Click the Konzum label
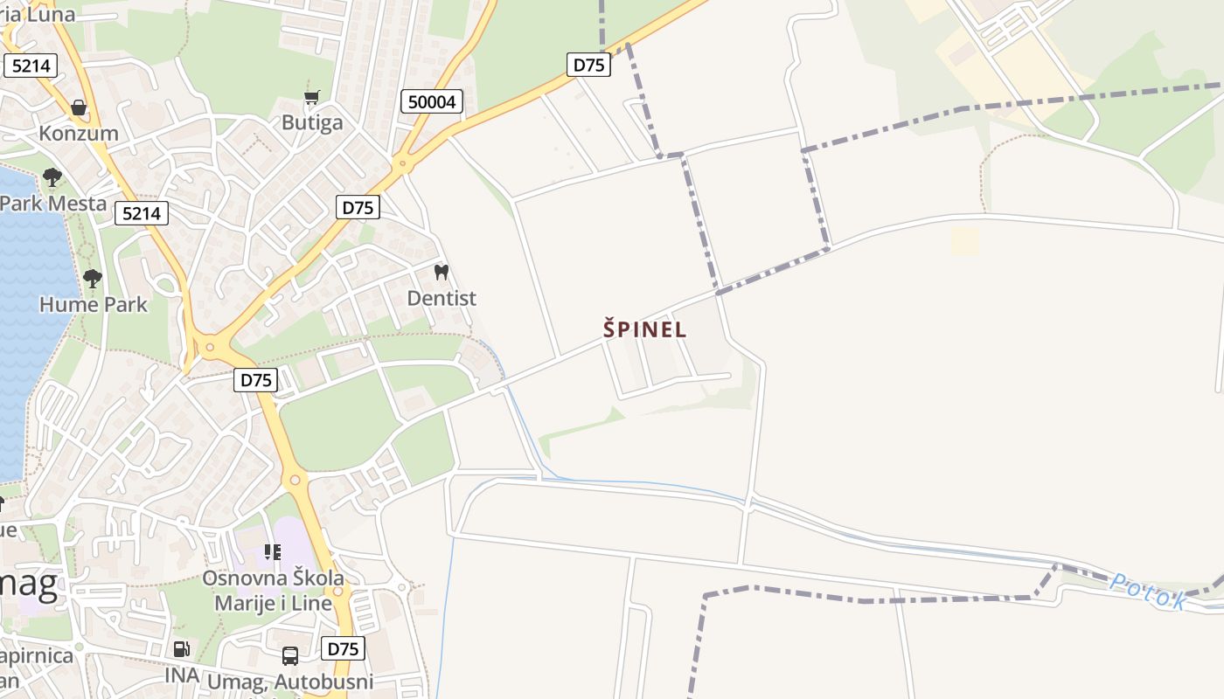79,134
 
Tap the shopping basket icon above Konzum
79,107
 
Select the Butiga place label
312,122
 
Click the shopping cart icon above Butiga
312,96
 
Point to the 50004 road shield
432,101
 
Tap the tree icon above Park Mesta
52,177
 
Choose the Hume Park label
94,305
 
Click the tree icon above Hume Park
93,279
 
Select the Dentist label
442,298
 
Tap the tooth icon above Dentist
442,272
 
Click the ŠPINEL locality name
645,329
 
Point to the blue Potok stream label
1148,592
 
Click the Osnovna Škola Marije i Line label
273,591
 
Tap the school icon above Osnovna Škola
273,552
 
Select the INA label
182,675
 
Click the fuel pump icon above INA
182,649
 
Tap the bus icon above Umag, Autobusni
289,655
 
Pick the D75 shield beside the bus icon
343,648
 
